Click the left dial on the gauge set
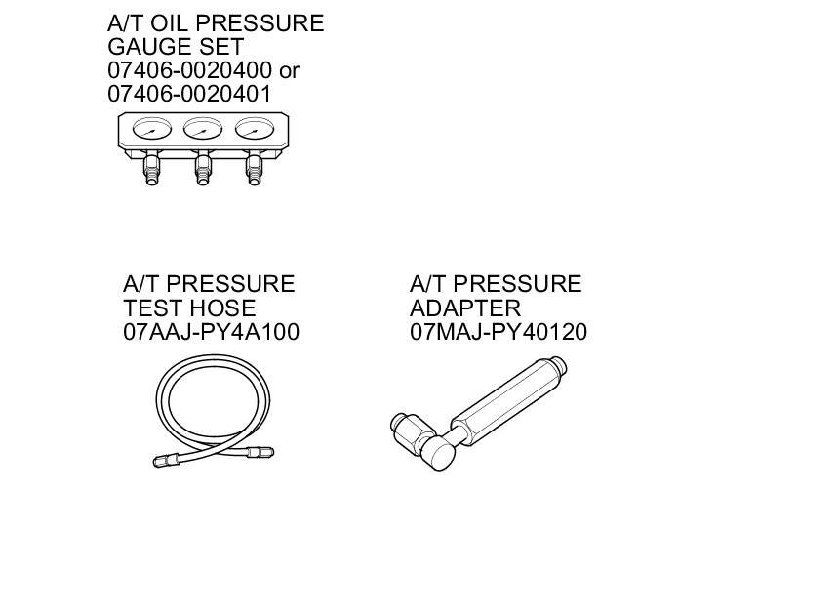pos(152,129)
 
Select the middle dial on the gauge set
pos(203,129)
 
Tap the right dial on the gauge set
pos(255,129)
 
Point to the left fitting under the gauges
pos(151,168)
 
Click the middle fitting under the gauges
pos(203,168)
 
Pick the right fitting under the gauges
pos(255,168)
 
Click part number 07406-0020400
pos(189,70)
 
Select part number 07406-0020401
pos(189,94)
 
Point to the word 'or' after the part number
pos(289,71)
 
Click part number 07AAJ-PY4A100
pos(212,332)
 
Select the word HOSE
pos(222,308)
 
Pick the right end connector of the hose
pos(260,452)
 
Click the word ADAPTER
pos(465,308)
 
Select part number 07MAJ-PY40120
pos(499,332)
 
